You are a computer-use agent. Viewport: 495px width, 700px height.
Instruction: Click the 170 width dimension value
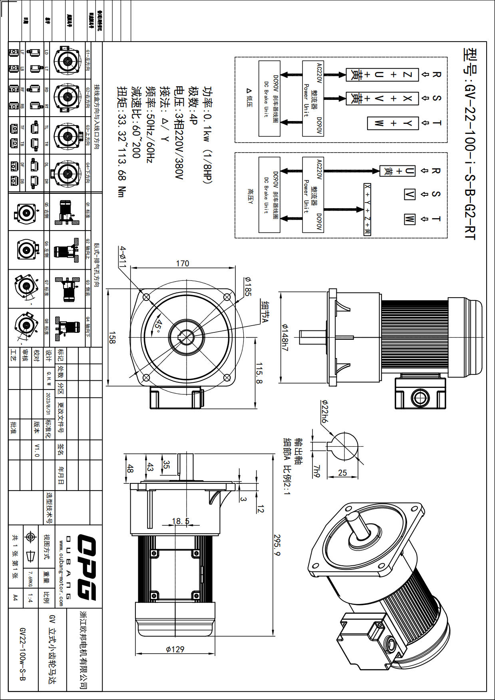[x=182, y=264]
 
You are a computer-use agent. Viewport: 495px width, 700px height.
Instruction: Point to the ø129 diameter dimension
[x=175, y=649]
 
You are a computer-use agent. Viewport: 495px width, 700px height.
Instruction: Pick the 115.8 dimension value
[x=259, y=373]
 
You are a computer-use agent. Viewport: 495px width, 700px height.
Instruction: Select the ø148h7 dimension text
[x=285, y=337]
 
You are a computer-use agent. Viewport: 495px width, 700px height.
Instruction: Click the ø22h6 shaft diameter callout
[x=324, y=412]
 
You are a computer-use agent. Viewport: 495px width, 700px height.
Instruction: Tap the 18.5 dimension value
[x=181, y=521]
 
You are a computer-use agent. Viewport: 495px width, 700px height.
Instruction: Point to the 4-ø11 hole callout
[x=123, y=257]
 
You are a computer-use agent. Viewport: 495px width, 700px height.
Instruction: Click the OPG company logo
[x=87, y=567]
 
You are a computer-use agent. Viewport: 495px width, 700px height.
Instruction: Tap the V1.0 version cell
[x=37, y=450]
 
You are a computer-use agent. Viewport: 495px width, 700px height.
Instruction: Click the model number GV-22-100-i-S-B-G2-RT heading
[x=470, y=144]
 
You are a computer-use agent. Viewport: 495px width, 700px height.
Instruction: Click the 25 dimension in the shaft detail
[x=342, y=473]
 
